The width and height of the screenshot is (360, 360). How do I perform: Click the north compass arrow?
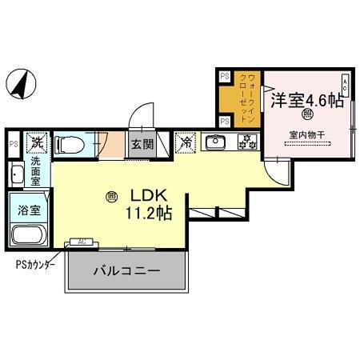[x=22, y=82]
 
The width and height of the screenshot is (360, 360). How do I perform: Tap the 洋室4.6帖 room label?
[x=306, y=101]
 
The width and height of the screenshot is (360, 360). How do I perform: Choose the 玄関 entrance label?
[x=143, y=145]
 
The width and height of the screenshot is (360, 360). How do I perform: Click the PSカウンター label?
[x=33, y=263]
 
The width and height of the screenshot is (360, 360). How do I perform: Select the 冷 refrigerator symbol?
[x=186, y=144]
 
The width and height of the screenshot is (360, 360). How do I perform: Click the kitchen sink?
[x=216, y=144]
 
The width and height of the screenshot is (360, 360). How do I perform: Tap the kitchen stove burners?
[x=246, y=144]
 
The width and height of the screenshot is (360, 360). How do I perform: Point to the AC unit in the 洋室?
[x=345, y=84]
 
